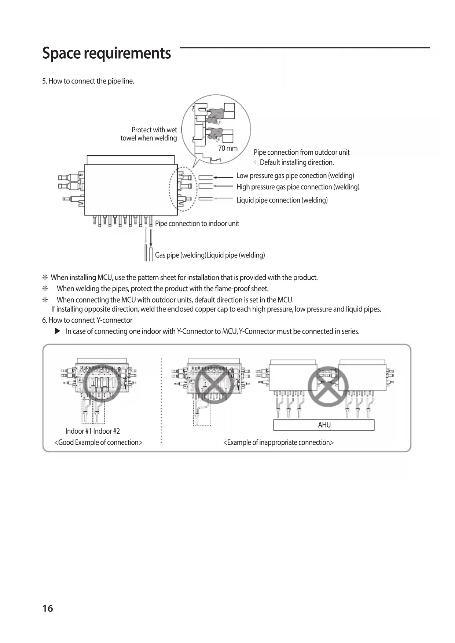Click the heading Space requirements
click(x=106, y=53)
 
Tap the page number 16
click(x=48, y=609)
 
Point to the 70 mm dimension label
click(x=228, y=148)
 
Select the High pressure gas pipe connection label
click(x=298, y=187)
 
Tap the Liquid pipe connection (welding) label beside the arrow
click(x=282, y=200)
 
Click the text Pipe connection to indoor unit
click(x=197, y=224)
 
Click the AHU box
click(x=324, y=425)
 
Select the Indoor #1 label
click(x=78, y=431)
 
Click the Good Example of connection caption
click(x=98, y=442)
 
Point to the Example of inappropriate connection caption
click(x=278, y=442)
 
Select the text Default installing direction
click(x=297, y=162)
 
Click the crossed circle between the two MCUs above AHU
click(x=328, y=386)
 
